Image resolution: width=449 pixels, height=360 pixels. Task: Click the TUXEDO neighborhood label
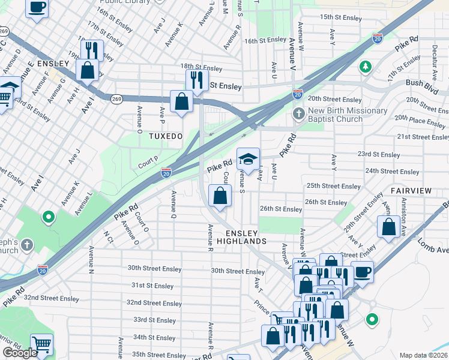click(166, 137)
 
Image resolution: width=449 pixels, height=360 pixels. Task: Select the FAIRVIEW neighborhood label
click(411, 190)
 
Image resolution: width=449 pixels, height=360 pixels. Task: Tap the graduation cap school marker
click(248, 159)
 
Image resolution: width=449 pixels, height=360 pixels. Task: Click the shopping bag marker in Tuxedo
click(181, 101)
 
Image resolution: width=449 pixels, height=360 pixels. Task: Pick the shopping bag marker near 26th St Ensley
click(220, 196)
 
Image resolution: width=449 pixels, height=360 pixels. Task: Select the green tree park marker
click(365, 66)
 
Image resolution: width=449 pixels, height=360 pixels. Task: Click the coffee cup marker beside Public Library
click(37, 8)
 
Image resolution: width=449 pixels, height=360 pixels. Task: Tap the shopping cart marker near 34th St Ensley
click(41, 345)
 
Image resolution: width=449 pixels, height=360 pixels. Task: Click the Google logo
click(20, 353)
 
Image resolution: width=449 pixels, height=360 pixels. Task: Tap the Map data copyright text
click(424, 355)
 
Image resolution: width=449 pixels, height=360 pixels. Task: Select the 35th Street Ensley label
click(159, 355)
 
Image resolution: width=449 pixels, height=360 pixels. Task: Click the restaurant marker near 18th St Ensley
click(197, 79)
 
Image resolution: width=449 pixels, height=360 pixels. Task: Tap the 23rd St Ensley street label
click(379, 155)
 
